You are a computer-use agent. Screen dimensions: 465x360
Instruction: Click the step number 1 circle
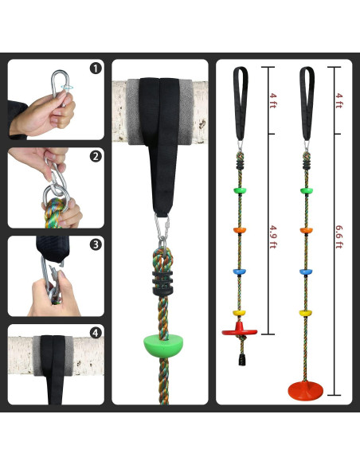[x=96, y=68]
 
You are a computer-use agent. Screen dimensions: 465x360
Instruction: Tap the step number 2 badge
[x=96, y=156]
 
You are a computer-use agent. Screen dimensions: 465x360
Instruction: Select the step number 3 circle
[x=96, y=244]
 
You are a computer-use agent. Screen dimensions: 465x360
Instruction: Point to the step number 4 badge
[x=96, y=332]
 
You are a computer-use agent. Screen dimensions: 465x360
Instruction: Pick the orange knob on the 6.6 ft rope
[x=305, y=231]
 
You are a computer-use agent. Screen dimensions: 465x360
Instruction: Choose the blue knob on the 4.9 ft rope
[x=239, y=271]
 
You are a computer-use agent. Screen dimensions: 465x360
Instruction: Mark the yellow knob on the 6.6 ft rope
[x=305, y=312]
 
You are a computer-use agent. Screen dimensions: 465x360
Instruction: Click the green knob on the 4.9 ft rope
[x=239, y=190]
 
